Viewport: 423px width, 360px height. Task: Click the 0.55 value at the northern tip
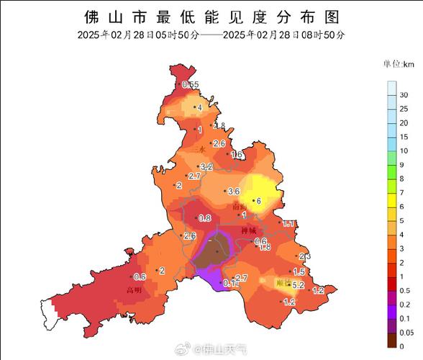(x=191, y=85)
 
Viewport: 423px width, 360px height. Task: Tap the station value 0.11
(x=231, y=283)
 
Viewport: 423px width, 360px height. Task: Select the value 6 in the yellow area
(x=257, y=201)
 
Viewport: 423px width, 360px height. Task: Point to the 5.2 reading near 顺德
(x=299, y=285)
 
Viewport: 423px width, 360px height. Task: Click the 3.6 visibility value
(x=233, y=192)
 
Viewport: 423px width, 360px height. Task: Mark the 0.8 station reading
(x=204, y=217)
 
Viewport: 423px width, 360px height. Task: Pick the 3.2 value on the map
(x=207, y=166)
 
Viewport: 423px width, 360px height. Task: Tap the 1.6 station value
(x=236, y=154)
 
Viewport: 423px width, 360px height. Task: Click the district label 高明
(x=133, y=291)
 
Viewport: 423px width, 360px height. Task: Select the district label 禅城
(x=249, y=230)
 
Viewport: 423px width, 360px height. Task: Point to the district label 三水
(x=202, y=150)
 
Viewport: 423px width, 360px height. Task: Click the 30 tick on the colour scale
(x=404, y=95)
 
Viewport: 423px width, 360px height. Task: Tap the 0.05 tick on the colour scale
(x=406, y=331)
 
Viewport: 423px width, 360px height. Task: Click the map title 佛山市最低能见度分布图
(x=211, y=16)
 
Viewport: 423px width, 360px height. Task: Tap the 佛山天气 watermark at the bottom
(x=221, y=349)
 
